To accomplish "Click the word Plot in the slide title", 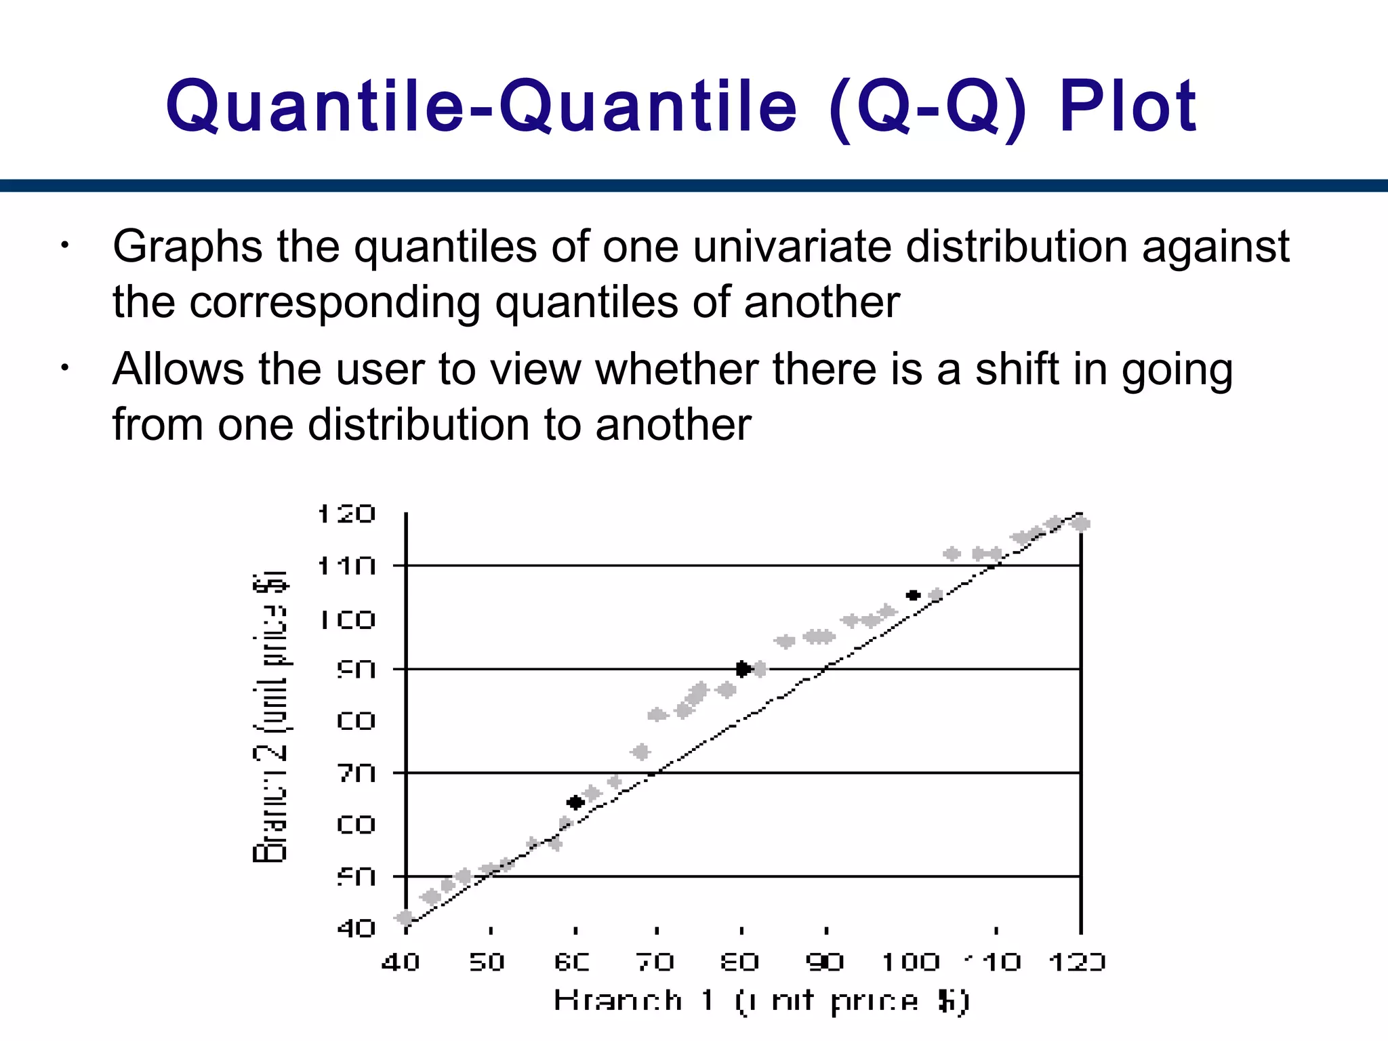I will (x=1128, y=106).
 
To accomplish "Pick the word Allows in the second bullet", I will (x=178, y=369).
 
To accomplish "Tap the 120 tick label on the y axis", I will (x=346, y=514).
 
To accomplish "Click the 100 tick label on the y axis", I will (x=346, y=619).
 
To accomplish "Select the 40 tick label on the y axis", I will (x=356, y=927).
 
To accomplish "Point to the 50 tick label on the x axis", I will (x=487, y=962).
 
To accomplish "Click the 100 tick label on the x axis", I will (x=910, y=962).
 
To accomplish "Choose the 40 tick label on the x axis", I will (x=401, y=962).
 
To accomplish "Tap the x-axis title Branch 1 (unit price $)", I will (x=762, y=1001).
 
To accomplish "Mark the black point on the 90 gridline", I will (x=743, y=669).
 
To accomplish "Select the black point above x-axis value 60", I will (x=575, y=802).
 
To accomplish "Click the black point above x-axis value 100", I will (x=913, y=595).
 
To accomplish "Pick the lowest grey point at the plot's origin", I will (x=405, y=918).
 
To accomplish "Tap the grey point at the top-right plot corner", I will (x=1081, y=524).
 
